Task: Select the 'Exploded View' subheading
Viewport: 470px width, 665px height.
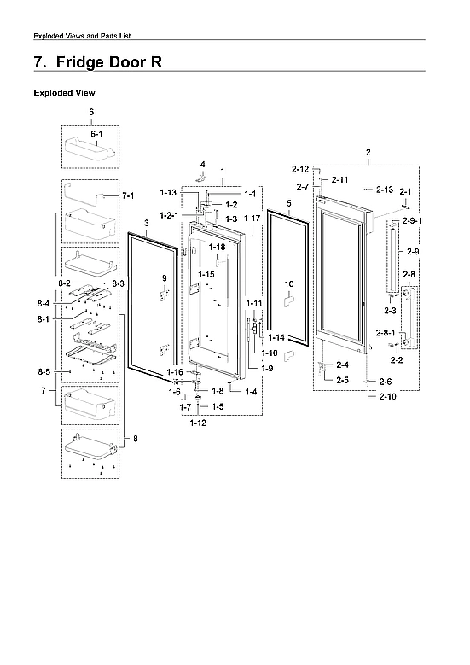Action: coord(64,92)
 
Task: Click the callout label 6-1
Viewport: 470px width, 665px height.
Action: coord(91,135)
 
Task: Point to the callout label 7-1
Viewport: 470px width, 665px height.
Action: coord(129,196)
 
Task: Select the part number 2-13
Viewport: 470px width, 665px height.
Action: coord(383,189)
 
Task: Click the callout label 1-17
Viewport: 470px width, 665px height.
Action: coord(252,219)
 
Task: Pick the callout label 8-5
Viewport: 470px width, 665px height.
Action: coord(44,372)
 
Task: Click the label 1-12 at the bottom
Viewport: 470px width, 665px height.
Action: coord(198,423)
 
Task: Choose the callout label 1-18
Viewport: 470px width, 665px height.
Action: coord(218,247)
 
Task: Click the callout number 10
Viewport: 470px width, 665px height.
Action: coord(288,283)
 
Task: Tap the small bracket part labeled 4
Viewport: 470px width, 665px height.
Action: coord(202,177)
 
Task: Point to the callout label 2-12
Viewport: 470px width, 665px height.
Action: coord(299,168)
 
